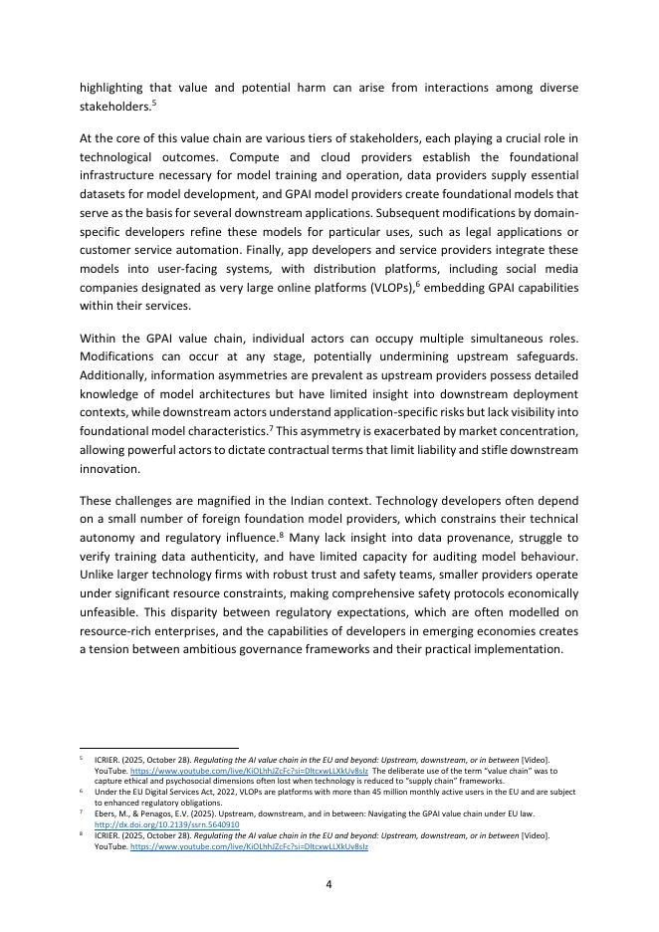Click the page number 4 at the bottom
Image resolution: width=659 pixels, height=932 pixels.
point(329,882)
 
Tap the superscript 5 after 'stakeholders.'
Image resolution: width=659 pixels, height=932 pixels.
point(154,102)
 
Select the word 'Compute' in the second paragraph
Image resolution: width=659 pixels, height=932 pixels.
point(254,157)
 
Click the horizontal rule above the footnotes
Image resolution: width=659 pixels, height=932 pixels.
point(159,747)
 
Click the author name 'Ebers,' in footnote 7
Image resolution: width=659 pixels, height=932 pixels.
point(108,814)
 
